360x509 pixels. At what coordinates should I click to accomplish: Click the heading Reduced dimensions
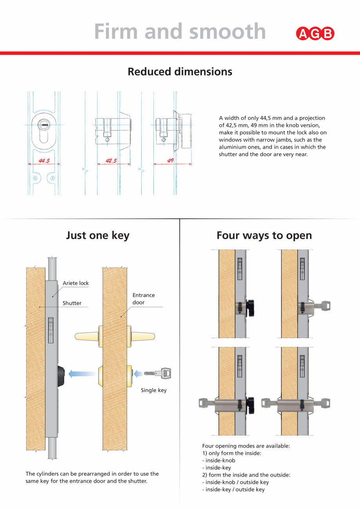point(180,72)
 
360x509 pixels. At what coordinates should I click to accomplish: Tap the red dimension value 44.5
point(44,160)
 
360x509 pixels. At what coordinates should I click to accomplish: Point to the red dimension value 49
point(170,160)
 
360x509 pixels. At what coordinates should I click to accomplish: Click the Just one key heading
point(97,236)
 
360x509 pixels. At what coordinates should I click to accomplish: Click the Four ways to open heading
point(264,236)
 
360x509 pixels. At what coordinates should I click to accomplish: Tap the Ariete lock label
point(76,283)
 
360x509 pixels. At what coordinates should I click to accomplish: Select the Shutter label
point(72,303)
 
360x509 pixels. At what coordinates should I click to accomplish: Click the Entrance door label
point(143,299)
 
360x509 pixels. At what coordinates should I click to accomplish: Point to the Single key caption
point(153,390)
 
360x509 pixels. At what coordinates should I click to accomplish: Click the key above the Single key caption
point(158,374)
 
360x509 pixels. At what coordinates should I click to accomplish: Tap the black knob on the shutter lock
point(61,376)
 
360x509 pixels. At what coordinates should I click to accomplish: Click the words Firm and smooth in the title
point(180,31)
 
